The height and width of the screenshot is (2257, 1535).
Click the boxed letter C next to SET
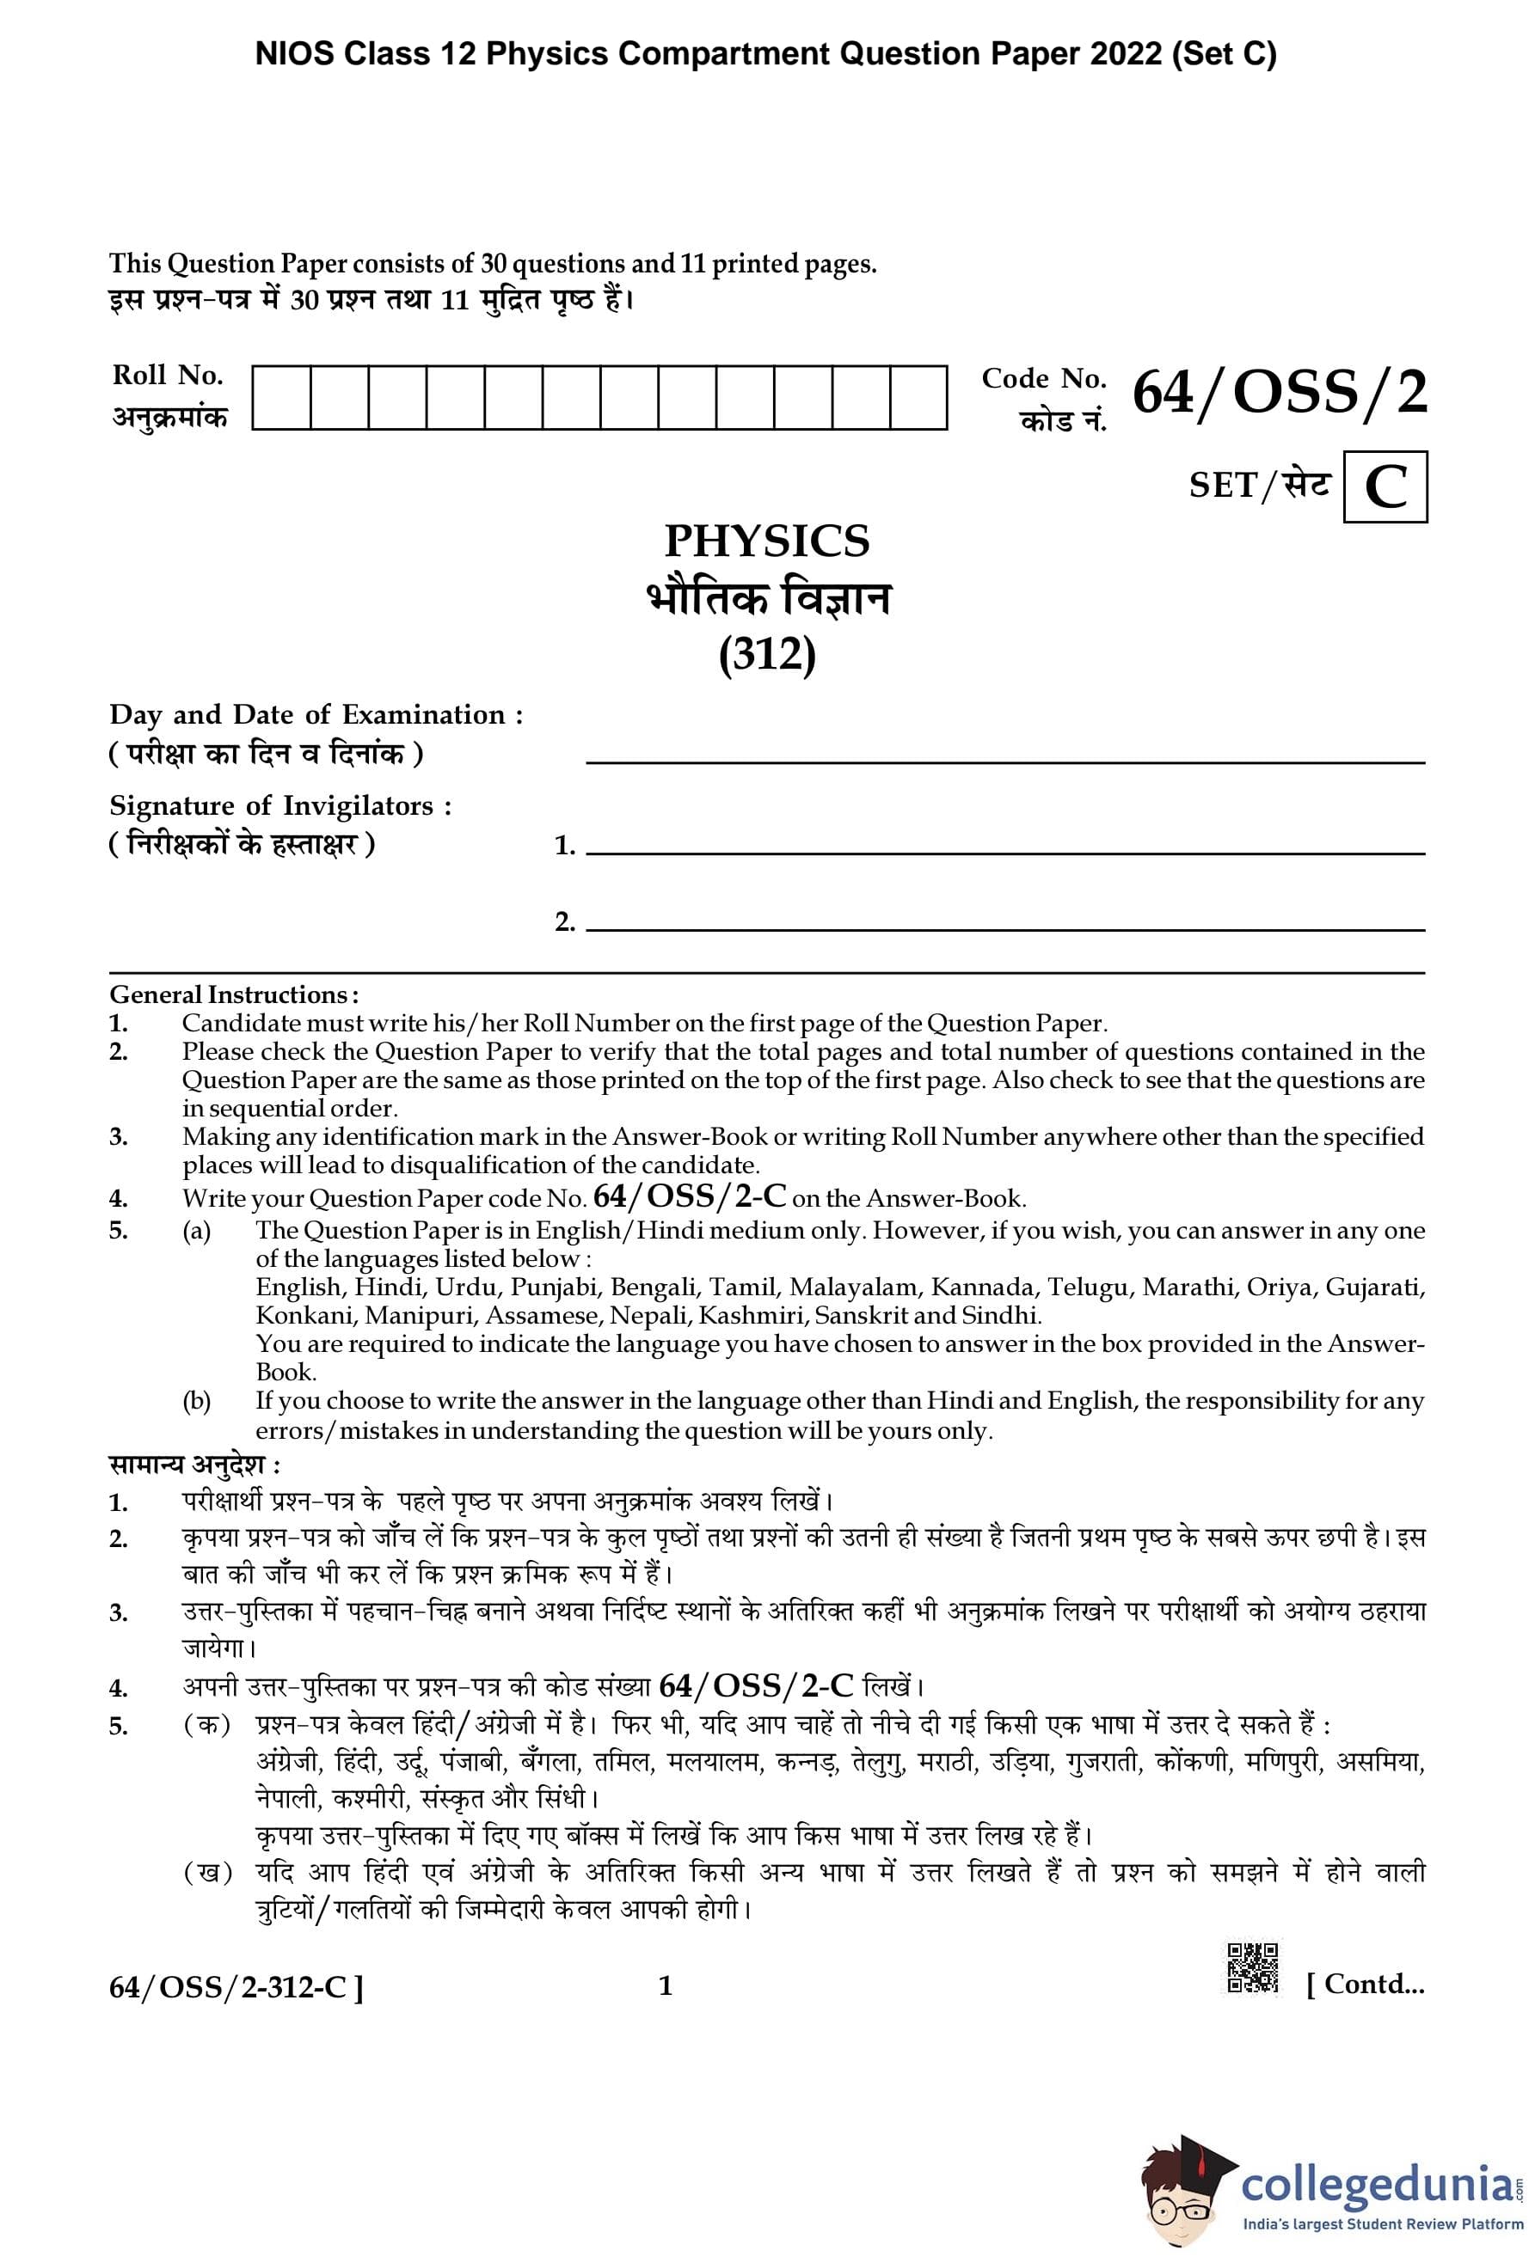1385,486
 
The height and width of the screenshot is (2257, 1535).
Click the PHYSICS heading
766,541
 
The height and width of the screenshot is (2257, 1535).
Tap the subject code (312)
766,655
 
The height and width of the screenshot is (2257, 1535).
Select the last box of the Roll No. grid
918,397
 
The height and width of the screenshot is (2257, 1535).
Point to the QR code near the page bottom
1252,1967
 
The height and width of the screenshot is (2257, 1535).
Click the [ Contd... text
1365,1984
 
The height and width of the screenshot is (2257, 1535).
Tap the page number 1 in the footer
666,1986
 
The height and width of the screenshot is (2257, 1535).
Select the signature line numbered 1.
1005,853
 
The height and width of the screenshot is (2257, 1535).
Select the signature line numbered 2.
1005,929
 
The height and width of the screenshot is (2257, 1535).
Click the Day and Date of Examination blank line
1005,762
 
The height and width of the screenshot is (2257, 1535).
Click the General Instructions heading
233,994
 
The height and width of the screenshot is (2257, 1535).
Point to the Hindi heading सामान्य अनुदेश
194,1465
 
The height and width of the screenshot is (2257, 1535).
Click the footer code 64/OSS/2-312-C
236,1988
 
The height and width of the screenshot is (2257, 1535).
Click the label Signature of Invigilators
279,806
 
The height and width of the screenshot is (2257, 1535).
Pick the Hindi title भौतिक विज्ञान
767,599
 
